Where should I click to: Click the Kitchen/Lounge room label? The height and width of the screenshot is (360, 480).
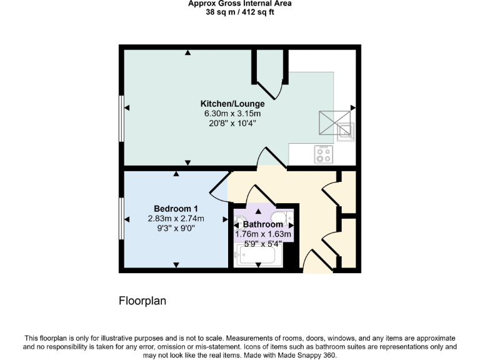point(232,104)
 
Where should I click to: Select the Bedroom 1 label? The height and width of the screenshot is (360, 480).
point(176,209)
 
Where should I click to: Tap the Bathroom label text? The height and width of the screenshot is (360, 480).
point(262,224)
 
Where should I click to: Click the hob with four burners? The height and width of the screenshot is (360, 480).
point(323,154)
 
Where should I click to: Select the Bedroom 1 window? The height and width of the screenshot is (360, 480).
point(121,218)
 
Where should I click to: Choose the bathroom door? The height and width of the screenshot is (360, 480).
point(257,195)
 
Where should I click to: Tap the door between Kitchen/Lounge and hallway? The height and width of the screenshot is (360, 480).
point(270,158)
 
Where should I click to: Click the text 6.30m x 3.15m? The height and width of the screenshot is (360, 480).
point(232,114)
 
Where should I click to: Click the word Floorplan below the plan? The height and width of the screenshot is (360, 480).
point(142,301)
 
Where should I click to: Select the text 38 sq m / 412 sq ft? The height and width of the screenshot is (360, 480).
point(240,12)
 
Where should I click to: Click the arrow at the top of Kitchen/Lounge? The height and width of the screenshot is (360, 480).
point(187,52)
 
